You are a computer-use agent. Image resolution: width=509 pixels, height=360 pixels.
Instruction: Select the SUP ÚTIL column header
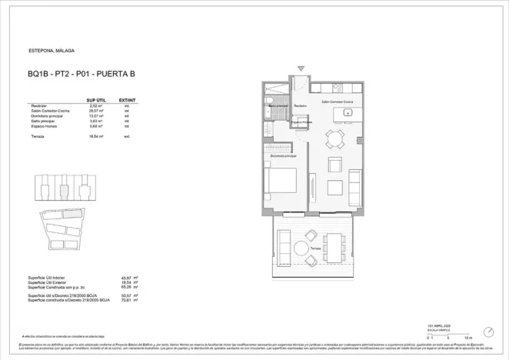(95, 100)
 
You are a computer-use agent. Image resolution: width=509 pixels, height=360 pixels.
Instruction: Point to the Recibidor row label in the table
(38, 105)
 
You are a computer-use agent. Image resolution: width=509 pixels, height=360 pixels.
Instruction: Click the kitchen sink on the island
(348, 113)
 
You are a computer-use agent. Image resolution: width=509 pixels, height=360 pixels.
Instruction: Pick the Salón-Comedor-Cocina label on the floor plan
(337, 102)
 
